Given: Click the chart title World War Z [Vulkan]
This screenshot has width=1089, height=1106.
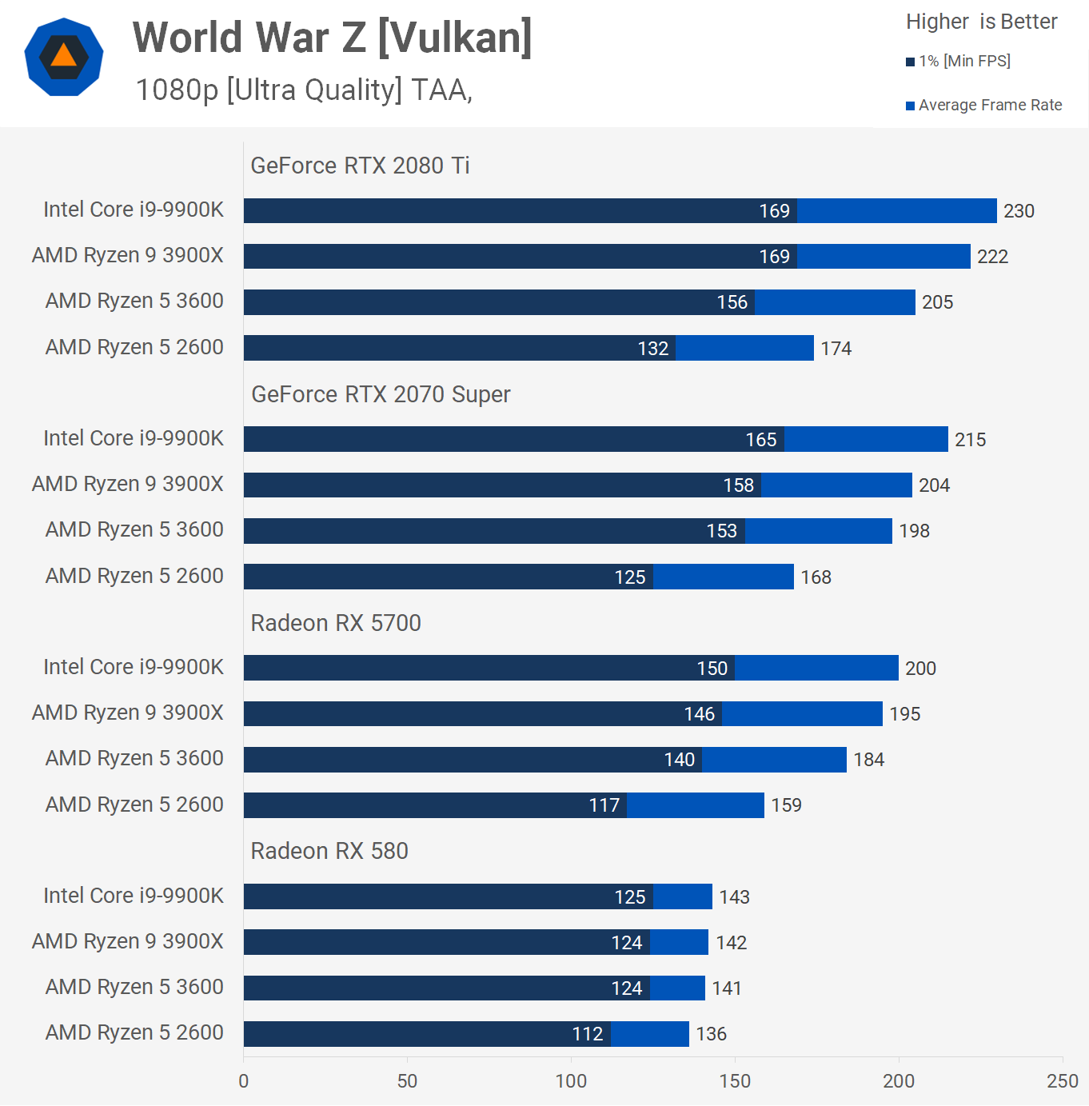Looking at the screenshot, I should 332,38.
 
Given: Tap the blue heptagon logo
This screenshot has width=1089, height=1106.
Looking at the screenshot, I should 64,57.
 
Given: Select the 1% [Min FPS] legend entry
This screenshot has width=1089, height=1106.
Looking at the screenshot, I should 959,62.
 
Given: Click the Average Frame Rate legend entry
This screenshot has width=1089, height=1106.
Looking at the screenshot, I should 984,106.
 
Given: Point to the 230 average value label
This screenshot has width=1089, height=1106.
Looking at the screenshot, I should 1019,211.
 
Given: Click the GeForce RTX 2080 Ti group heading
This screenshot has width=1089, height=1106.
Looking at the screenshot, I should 360,166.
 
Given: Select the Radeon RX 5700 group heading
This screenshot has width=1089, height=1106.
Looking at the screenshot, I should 336,623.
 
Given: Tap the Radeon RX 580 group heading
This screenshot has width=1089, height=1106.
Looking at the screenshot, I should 329,851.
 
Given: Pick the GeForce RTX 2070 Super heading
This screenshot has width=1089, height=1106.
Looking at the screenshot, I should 381,394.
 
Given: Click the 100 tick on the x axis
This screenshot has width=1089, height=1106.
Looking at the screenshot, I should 571,1081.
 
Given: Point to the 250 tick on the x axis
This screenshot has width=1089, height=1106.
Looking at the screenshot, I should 1062,1081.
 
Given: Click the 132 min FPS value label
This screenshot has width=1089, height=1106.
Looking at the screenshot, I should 652,349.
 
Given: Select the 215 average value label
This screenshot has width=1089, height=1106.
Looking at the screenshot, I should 970,440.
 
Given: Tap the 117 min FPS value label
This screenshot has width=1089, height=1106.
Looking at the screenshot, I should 604,805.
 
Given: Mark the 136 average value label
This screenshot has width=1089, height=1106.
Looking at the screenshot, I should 711,1034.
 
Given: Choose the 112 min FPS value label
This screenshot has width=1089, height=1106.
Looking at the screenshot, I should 587,1034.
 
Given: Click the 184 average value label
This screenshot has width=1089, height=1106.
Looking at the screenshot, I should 868,760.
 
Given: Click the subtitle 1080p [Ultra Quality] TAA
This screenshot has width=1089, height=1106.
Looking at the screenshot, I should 304,90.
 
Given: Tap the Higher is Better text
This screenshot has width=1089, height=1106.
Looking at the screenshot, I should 981,22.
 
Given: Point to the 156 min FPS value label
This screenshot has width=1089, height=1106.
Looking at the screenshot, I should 732,302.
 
